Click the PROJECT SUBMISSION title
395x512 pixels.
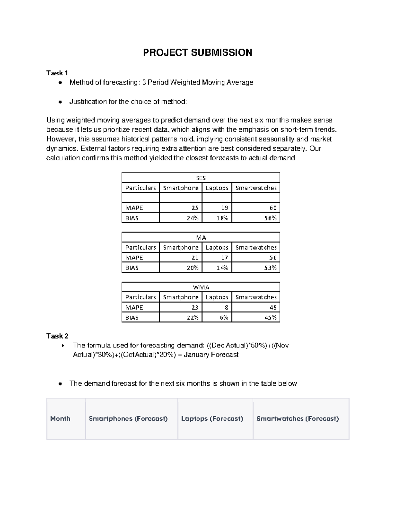coord(197,52)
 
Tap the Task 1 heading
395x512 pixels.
coord(57,73)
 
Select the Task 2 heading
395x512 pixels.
coord(57,336)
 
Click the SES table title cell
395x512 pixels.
coord(201,178)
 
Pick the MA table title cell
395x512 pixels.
coord(201,238)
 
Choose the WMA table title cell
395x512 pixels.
coord(201,287)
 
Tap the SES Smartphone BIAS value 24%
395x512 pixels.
coord(193,218)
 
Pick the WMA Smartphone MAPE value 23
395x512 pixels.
coord(195,308)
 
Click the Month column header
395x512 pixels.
coord(60,419)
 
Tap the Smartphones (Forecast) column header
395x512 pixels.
coord(128,419)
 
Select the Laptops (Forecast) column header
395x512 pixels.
coord(212,419)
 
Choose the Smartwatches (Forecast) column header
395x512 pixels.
coord(298,419)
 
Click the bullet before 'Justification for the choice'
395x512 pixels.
coord(60,102)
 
